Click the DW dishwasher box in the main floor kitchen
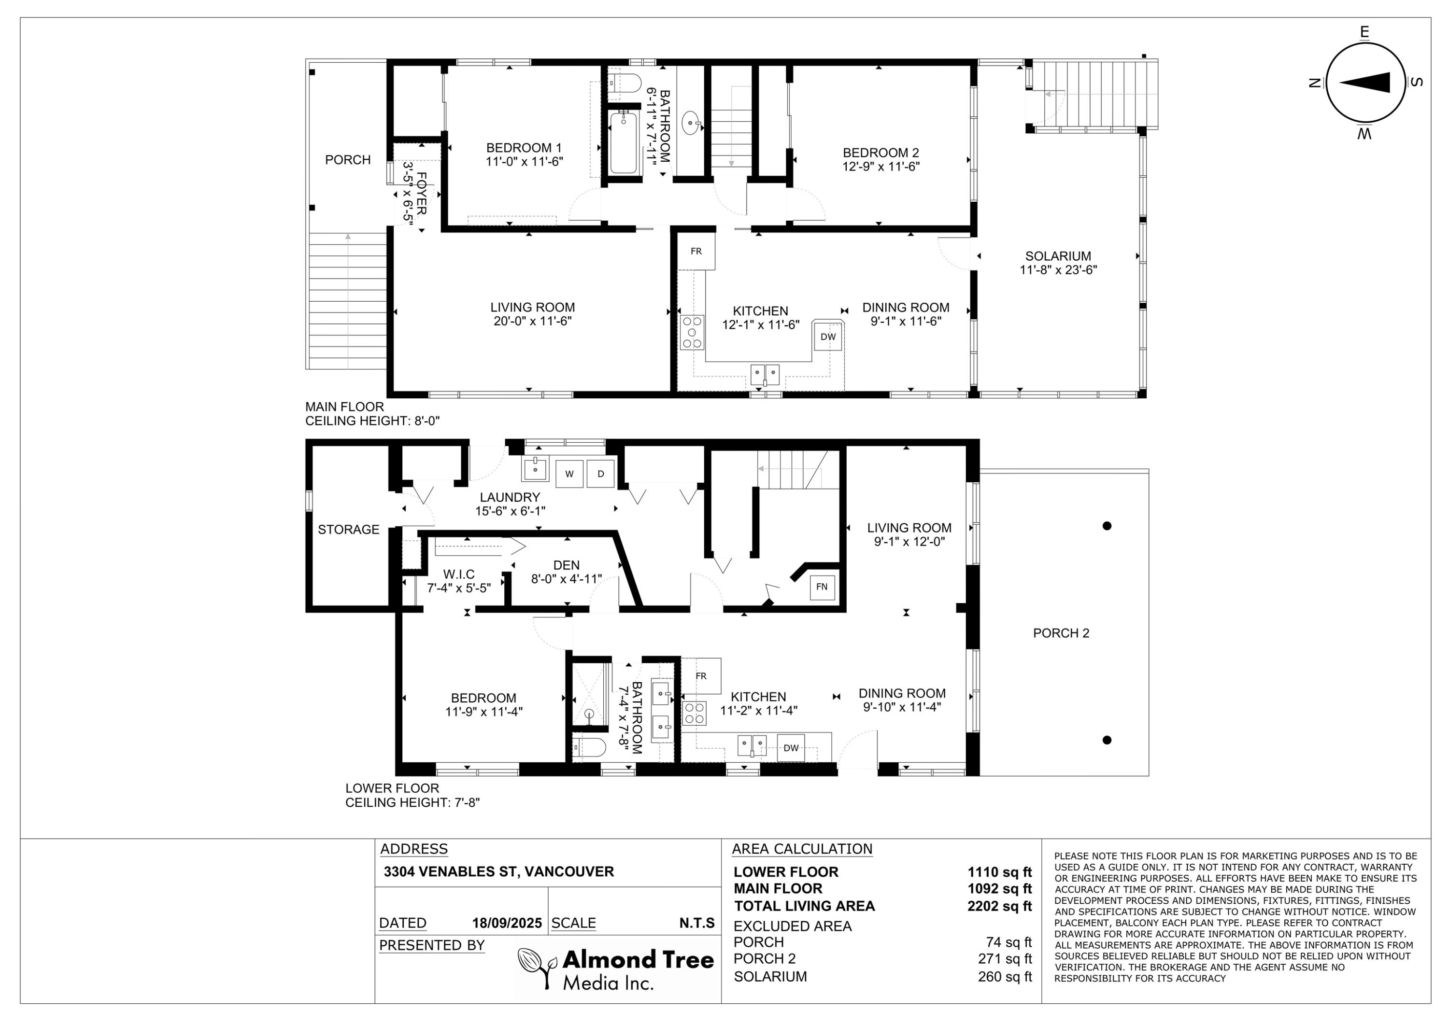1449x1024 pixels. (x=827, y=337)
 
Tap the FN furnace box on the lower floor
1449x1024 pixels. (x=822, y=587)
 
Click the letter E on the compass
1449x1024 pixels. (x=1364, y=32)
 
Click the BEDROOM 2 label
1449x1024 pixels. (x=881, y=153)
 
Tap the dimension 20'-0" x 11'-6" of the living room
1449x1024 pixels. (x=532, y=322)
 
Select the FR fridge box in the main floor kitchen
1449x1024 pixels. (x=696, y=252)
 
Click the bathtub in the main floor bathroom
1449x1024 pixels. (x=624, y=142)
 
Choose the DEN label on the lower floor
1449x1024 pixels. (x=566, y=565)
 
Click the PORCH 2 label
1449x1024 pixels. (x=1061, y=633)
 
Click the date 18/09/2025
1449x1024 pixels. (x=507, y=923)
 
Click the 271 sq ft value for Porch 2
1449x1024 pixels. (x=1004, y=959)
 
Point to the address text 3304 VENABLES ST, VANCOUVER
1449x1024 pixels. (x=498, y=872)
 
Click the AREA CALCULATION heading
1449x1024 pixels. (x=801, y=849)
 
